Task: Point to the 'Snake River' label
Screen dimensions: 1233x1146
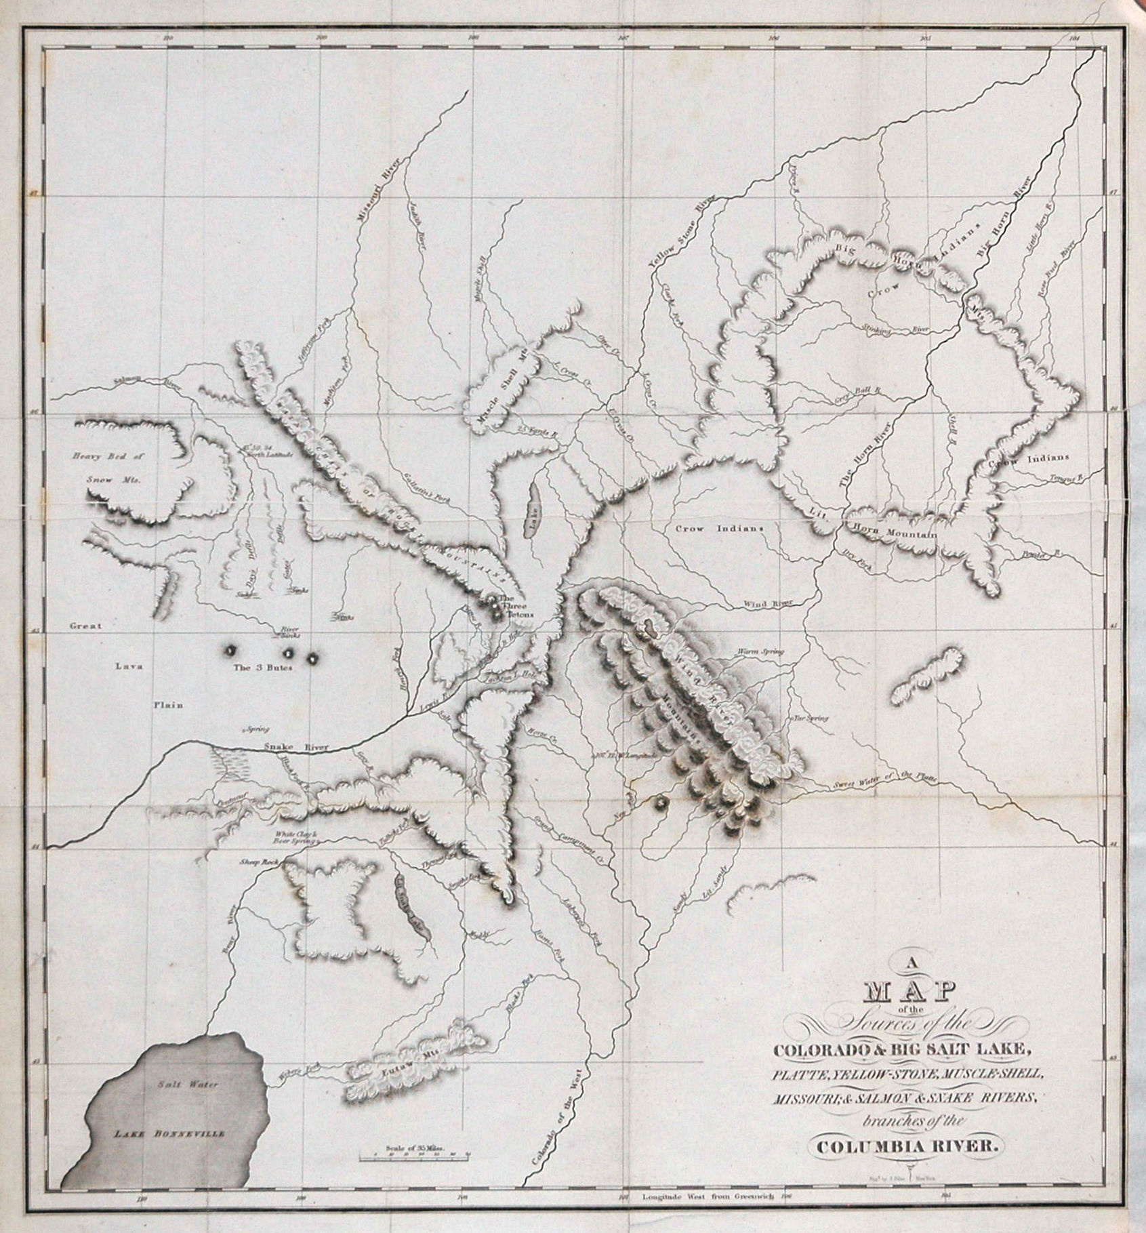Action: (295, 748)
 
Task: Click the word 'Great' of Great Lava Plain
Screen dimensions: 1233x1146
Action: (86, 626)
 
